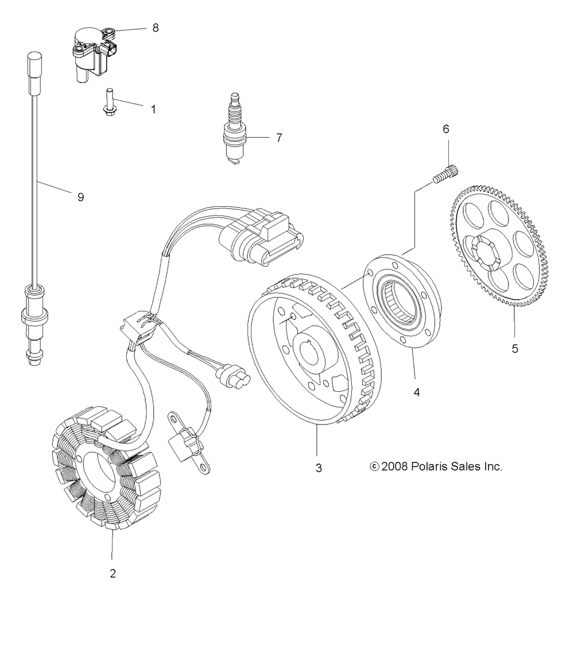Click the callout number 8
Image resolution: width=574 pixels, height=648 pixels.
[156, 28]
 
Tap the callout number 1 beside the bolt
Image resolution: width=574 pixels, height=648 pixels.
[153, 109]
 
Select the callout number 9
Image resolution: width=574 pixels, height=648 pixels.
[80, 197]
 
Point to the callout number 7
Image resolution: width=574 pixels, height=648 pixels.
[279, 138]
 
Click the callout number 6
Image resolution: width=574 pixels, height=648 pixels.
[445, 129]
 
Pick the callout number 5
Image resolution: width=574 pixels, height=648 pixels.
[515, 348]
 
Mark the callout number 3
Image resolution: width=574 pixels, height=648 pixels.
[319, 468]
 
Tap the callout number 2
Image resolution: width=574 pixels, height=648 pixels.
[113, 573]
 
